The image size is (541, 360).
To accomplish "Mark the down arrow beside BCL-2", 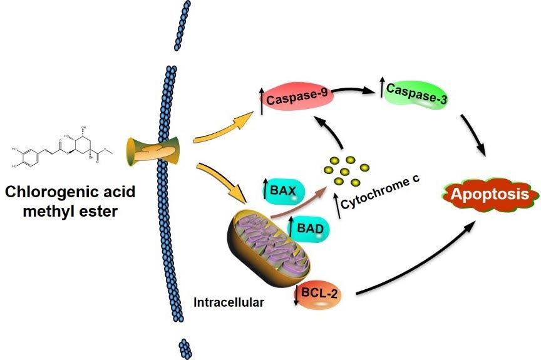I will click(x=297, y=294).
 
